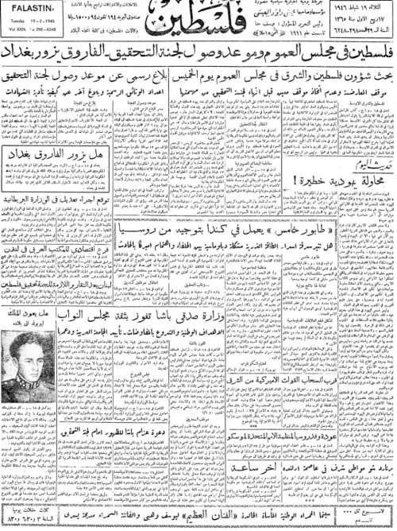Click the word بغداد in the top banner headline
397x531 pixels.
pos(23,77)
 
